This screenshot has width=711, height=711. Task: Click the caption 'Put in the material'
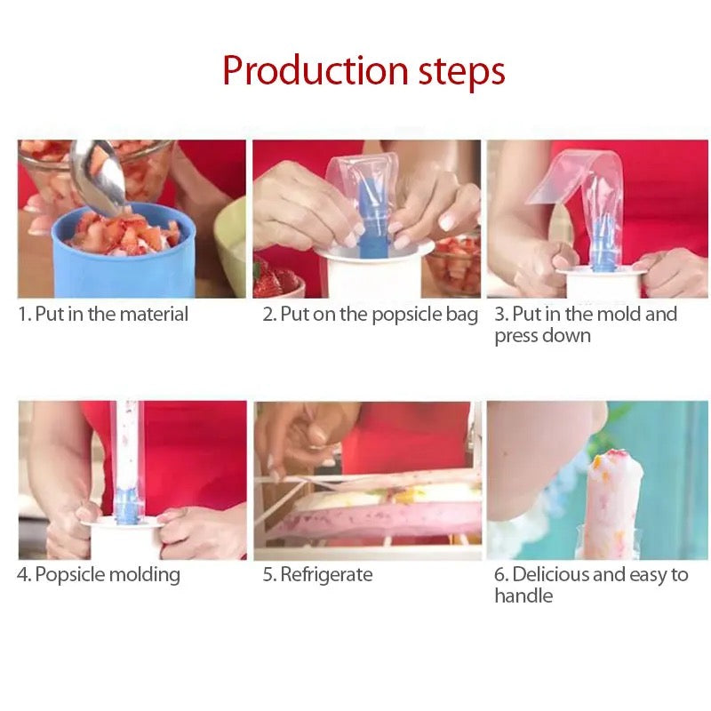(111, 314)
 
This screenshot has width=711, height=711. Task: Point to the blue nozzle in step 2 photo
(374, 222)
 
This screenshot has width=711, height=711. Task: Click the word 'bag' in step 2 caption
(462, 315)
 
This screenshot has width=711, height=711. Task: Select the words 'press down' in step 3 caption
(542, 336)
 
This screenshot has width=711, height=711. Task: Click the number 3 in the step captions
(500, 314)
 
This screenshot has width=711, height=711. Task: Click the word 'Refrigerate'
(326, 575)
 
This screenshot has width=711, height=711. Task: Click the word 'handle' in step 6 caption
(523, 596)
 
